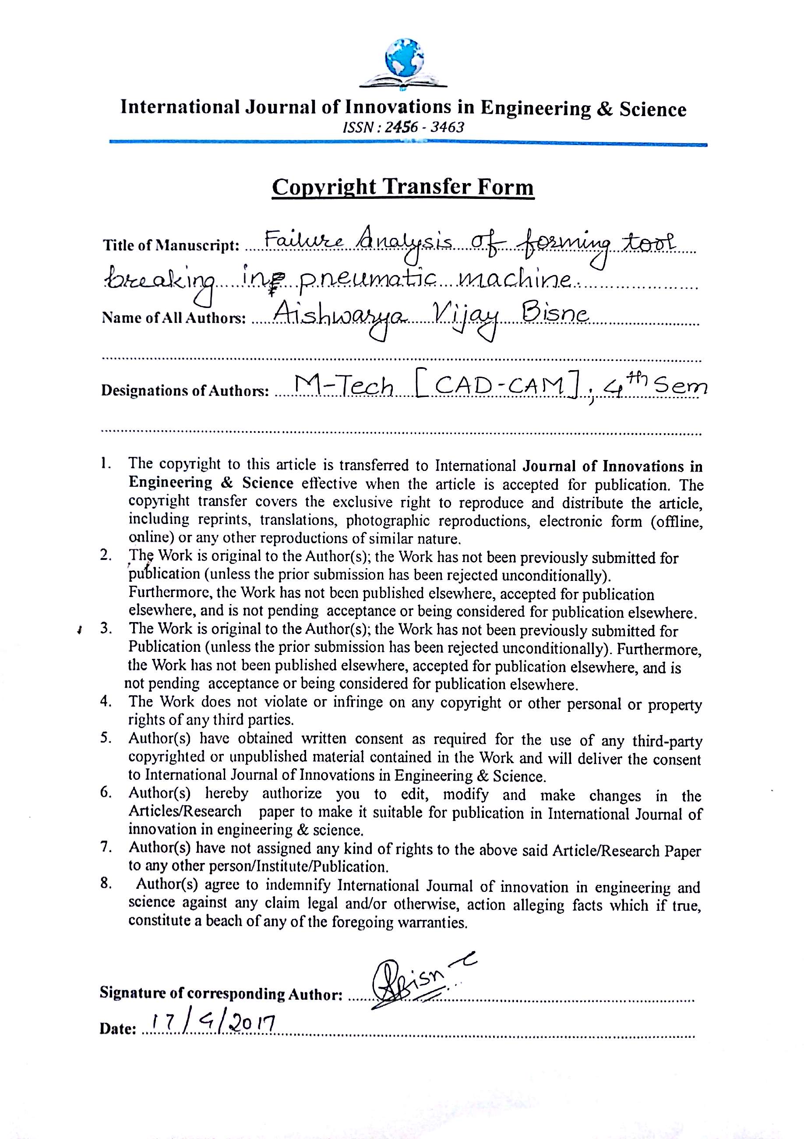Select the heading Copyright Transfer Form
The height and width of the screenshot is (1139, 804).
pyautogui.click(x=403, y=187)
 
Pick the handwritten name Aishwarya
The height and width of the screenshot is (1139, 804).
pyautogui.click(x=340, y=315)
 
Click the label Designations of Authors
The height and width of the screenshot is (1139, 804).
pyautogui.click(x=185, y=391)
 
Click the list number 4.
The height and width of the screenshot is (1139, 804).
pyautogui.click(x=105, y=701)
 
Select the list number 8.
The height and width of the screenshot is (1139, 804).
pyautogui.click(x=105, y=884)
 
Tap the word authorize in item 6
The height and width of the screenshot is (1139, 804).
pyautogui.click(x=292, y=794)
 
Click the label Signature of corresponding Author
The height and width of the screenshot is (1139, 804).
pyautogui.click(x=221, y=993)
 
